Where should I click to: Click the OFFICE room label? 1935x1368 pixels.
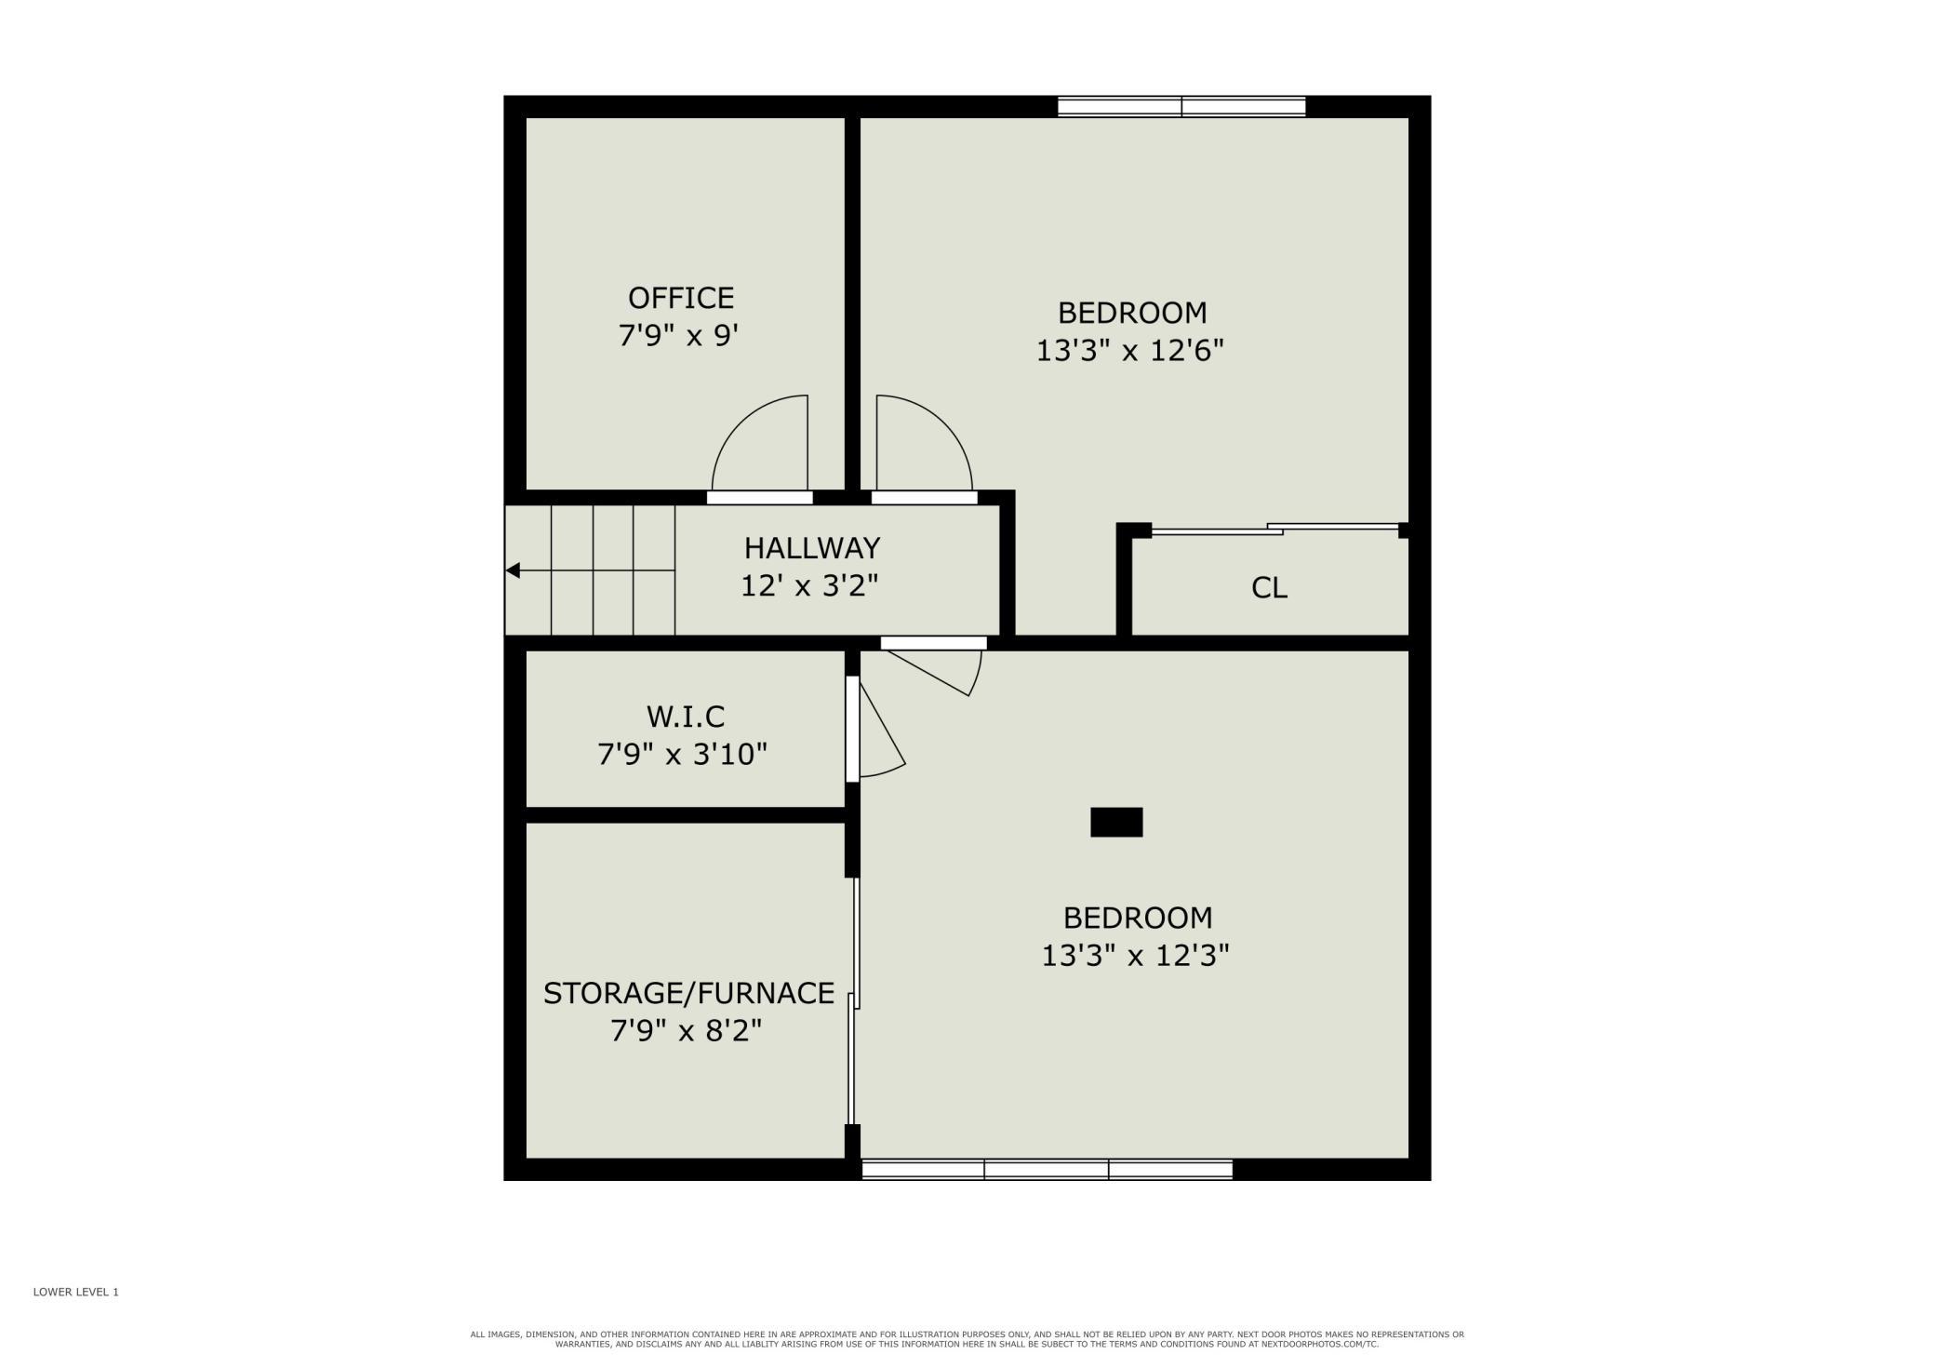pos(681,298)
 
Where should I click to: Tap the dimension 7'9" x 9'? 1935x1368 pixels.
pos(678,335)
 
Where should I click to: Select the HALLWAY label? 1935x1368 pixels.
pos(812,547)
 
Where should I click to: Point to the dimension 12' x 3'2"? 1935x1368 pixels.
pos(809,585)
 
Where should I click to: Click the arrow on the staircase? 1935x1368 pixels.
pos(590,570)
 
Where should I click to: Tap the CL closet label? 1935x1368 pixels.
pos(1269,587)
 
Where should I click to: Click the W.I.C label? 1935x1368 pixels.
pos(685,717)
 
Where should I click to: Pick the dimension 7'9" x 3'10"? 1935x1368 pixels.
pos(682,754)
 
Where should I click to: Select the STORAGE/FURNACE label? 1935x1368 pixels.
pos(688,993)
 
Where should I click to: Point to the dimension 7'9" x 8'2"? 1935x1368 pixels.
pos(687,1031)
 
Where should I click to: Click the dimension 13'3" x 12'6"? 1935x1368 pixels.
pos(1130,351)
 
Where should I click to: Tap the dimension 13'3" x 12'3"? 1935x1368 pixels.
pos(1136,956)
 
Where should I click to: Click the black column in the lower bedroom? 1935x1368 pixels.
pos(1116,823)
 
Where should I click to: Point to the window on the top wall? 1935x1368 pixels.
pos(1181,107)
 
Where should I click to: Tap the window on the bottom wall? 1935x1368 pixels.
pos(1048,1170)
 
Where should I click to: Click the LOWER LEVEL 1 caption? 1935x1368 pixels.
pos(76,1292)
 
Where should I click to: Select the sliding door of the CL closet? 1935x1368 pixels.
pos(1275,530)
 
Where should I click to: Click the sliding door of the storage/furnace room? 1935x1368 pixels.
pos(853,1000)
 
